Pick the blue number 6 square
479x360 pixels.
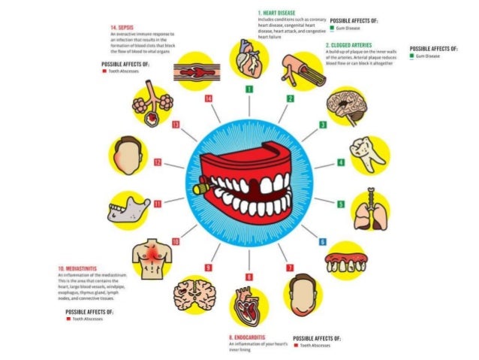(323, 241)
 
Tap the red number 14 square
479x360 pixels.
(208, 98)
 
